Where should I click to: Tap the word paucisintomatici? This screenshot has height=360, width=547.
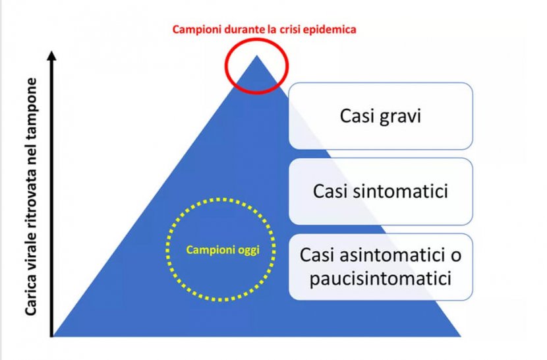coord(381,279)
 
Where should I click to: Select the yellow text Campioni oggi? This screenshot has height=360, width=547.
coord(223,251)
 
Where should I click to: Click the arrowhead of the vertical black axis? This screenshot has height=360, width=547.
coord(52,56)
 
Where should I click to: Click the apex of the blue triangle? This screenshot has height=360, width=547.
coord(257,55)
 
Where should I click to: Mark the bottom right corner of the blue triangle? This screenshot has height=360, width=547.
coord(461,336)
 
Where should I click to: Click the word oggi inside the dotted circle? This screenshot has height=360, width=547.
coord(248,251)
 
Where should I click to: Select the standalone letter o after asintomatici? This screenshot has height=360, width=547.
coord(455,256)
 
